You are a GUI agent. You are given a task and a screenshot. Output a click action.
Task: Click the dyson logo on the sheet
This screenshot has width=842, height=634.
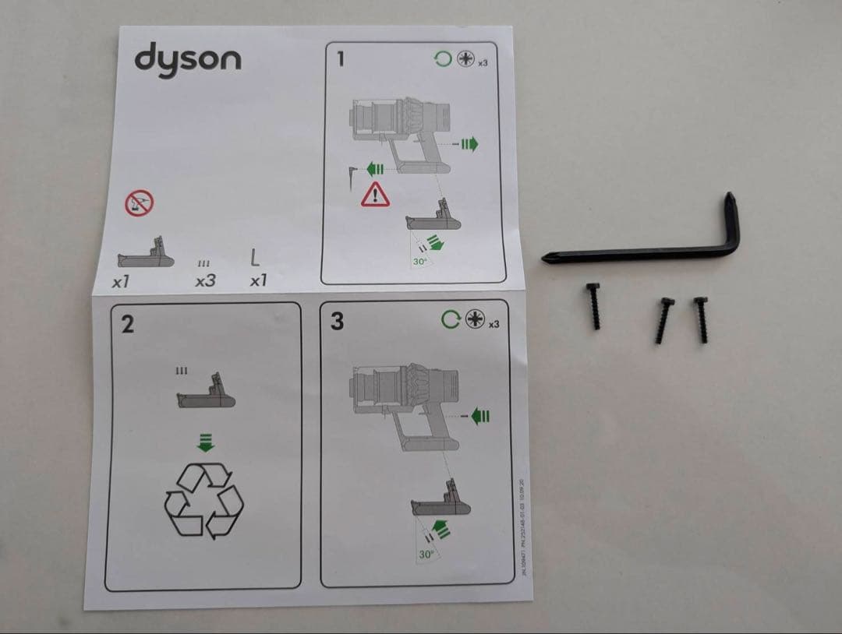click(188, 58)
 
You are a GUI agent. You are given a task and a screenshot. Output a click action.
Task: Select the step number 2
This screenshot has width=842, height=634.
click(126, 323)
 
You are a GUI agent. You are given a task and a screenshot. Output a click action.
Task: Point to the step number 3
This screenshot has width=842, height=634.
click(337, 321)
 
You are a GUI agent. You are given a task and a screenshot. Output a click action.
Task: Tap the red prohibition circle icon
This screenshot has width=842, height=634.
click(140, 203)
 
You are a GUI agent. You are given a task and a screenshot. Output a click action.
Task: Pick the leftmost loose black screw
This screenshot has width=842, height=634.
click(594, 305)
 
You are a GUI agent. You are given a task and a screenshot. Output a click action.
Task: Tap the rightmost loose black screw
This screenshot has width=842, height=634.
click(700, 319)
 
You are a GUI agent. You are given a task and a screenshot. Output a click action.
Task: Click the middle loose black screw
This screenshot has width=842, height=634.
click(663, 320)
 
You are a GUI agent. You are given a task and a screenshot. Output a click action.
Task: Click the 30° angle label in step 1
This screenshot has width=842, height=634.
click(420, 262)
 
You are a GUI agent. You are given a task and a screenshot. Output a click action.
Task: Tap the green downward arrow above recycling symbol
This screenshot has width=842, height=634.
click(205, 444)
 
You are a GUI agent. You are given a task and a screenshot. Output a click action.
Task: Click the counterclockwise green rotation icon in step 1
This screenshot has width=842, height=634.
click(443, 59)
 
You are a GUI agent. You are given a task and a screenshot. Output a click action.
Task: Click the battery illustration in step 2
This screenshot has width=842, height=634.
click(206, 395)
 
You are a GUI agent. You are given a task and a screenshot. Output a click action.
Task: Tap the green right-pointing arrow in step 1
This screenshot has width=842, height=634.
click(468, 143)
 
